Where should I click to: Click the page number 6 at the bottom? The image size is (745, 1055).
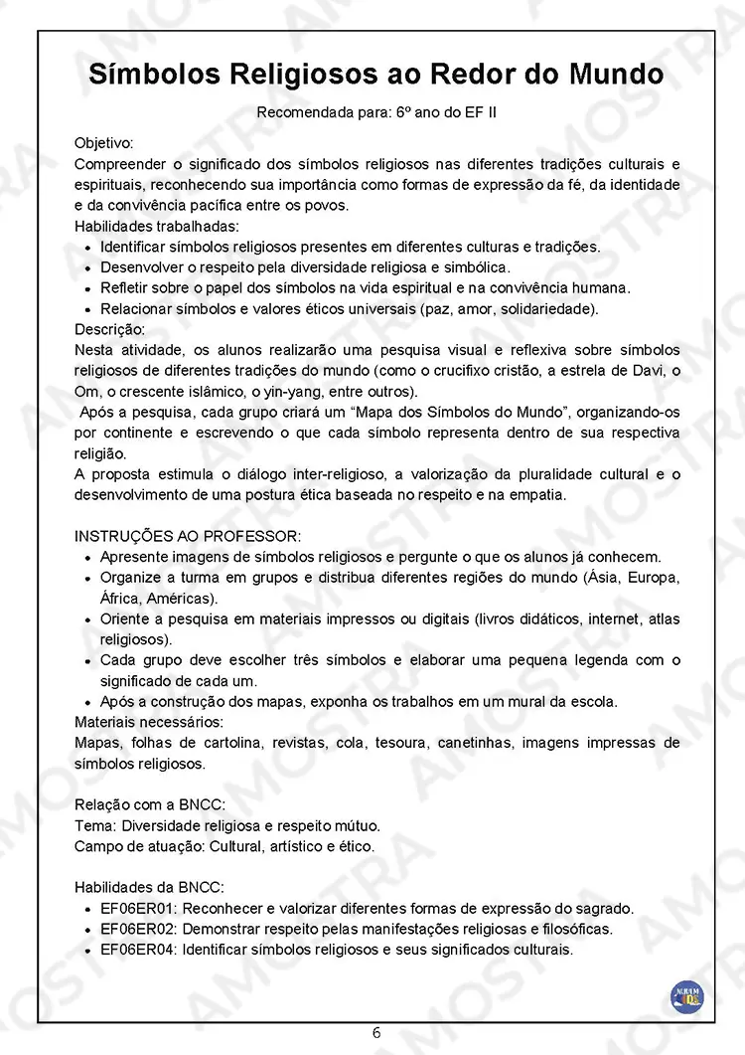click(x=376, y=1032)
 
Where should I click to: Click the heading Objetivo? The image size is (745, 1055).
click(x=103, y=143)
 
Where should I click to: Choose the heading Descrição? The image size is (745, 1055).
click(x=109, y=329)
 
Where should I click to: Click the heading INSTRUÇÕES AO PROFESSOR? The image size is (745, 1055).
click(x=173, y=537)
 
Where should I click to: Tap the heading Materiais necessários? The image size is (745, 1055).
click(x=148, y=721)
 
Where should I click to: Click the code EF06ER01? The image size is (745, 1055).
click(x=140, y=908)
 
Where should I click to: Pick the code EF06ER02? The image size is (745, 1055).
click(x=140, y=929)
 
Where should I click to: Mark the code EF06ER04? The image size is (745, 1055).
click(x=140, y=950)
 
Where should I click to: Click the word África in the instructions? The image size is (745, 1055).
click(x=121, y=599)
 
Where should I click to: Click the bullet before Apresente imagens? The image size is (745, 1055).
click(x=90, y=558)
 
